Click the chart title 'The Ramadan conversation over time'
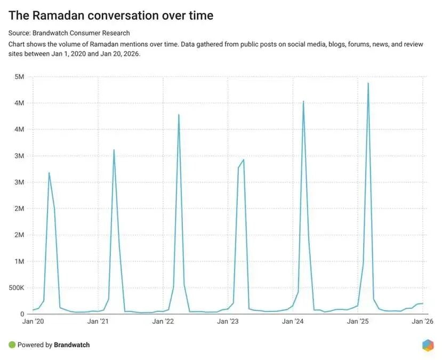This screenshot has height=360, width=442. (111, 15)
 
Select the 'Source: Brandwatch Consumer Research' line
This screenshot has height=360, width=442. (69, 33)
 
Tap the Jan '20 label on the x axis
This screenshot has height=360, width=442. (33, 322)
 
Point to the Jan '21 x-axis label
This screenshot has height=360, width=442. (98, 322)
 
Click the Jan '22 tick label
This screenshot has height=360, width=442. (163, 322)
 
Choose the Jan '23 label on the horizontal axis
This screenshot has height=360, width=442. (228, 322)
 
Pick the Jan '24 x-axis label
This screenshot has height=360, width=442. (293, 322)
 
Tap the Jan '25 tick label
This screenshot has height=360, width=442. (358, 322)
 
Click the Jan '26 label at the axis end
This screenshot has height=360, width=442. (423, 322)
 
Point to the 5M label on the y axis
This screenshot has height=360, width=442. (20, 77)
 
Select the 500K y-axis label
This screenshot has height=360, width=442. (16, 288)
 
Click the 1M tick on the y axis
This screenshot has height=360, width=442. (20, 261)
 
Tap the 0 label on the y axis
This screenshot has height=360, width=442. (22, 314)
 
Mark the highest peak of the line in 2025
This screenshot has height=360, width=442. (368, 83)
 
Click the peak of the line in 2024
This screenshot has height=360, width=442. (303, 101)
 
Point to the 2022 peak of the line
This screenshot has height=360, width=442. (179, 115)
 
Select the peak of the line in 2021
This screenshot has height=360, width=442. (114, 150)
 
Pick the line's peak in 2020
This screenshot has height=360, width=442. (49, 173)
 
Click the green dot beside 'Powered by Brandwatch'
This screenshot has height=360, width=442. (12, 345)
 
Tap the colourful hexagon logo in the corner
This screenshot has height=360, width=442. (428, 345)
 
